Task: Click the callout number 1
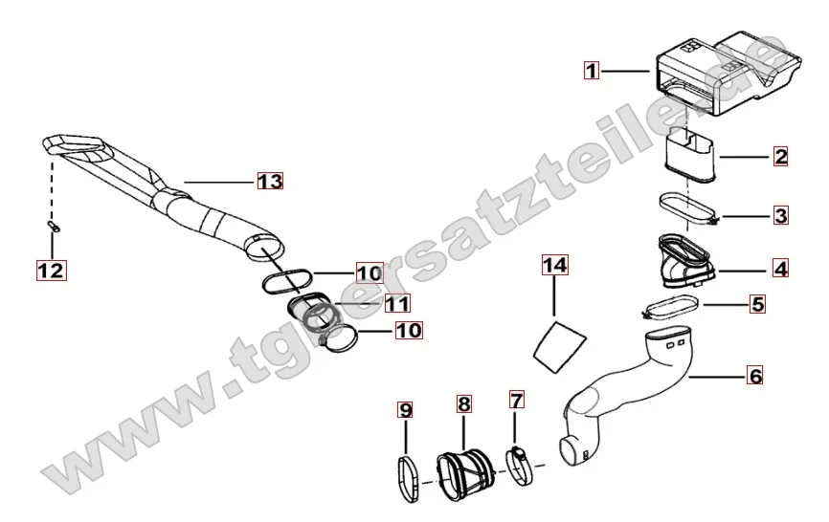(592, 70)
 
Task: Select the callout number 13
(270, 181)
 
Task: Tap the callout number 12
(52, 271)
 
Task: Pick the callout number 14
(554, 265)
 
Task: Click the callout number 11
(397, 303)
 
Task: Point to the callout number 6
(755, 376)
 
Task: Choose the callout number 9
(406, 410)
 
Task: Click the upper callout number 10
(370, 272)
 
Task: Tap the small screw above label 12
(54, 227)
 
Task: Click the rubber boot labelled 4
(686, 262)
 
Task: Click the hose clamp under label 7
(520, 465)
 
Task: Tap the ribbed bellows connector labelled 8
(464, 473)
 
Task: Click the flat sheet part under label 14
(559, 346)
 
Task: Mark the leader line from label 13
(220, 182)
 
